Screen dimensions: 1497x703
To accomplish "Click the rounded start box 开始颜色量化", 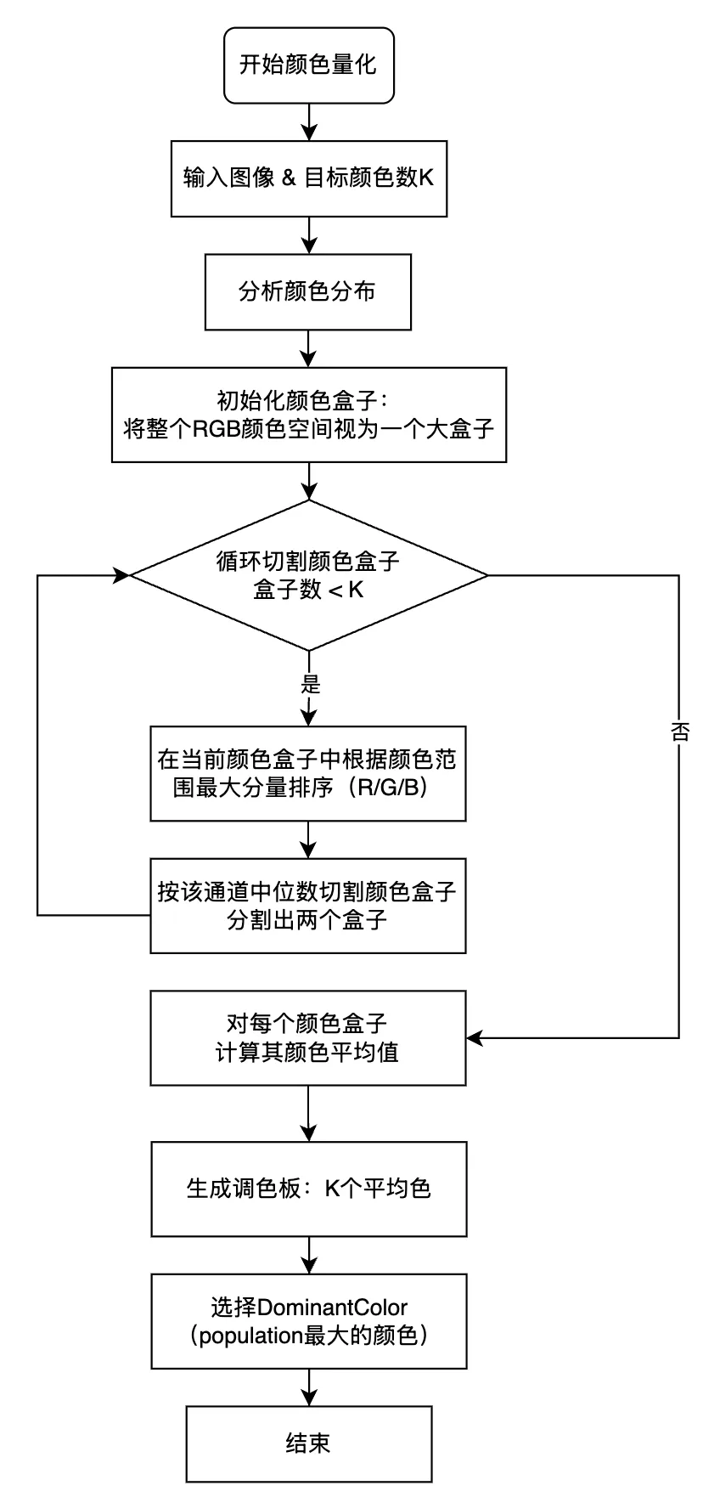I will [308, 65].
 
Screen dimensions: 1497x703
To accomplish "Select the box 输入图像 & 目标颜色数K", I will [308, 178].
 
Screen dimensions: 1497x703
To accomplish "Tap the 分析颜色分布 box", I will [308, 291].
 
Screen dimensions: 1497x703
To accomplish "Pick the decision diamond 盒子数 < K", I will [308, 575].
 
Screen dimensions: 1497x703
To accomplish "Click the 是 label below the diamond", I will [310, 683].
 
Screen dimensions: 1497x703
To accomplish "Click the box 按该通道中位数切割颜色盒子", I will [308, 906].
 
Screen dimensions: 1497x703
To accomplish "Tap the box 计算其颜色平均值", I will [308, 1037].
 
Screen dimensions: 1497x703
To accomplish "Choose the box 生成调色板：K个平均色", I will [308, 1188].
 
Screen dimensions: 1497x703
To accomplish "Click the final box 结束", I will [308, 1443].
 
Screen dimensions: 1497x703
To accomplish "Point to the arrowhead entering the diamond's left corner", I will [121, 575].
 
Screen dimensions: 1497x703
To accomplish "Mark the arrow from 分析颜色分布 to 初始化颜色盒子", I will [309, 348].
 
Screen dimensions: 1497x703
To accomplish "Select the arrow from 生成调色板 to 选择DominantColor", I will [309, 1255].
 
